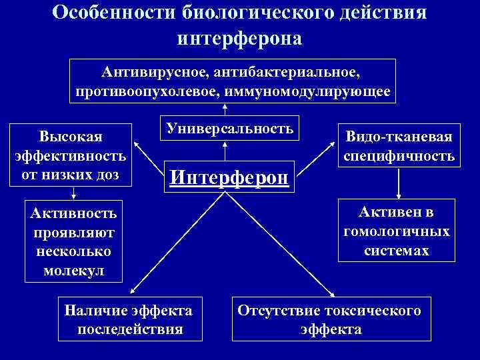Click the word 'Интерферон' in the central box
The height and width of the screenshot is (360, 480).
(x=230, y=177)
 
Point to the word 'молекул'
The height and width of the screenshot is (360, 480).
(x=73, y=271)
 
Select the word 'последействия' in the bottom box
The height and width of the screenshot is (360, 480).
(x=130, y=329)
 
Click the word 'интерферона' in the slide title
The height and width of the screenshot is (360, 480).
(x=239, y=39)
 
